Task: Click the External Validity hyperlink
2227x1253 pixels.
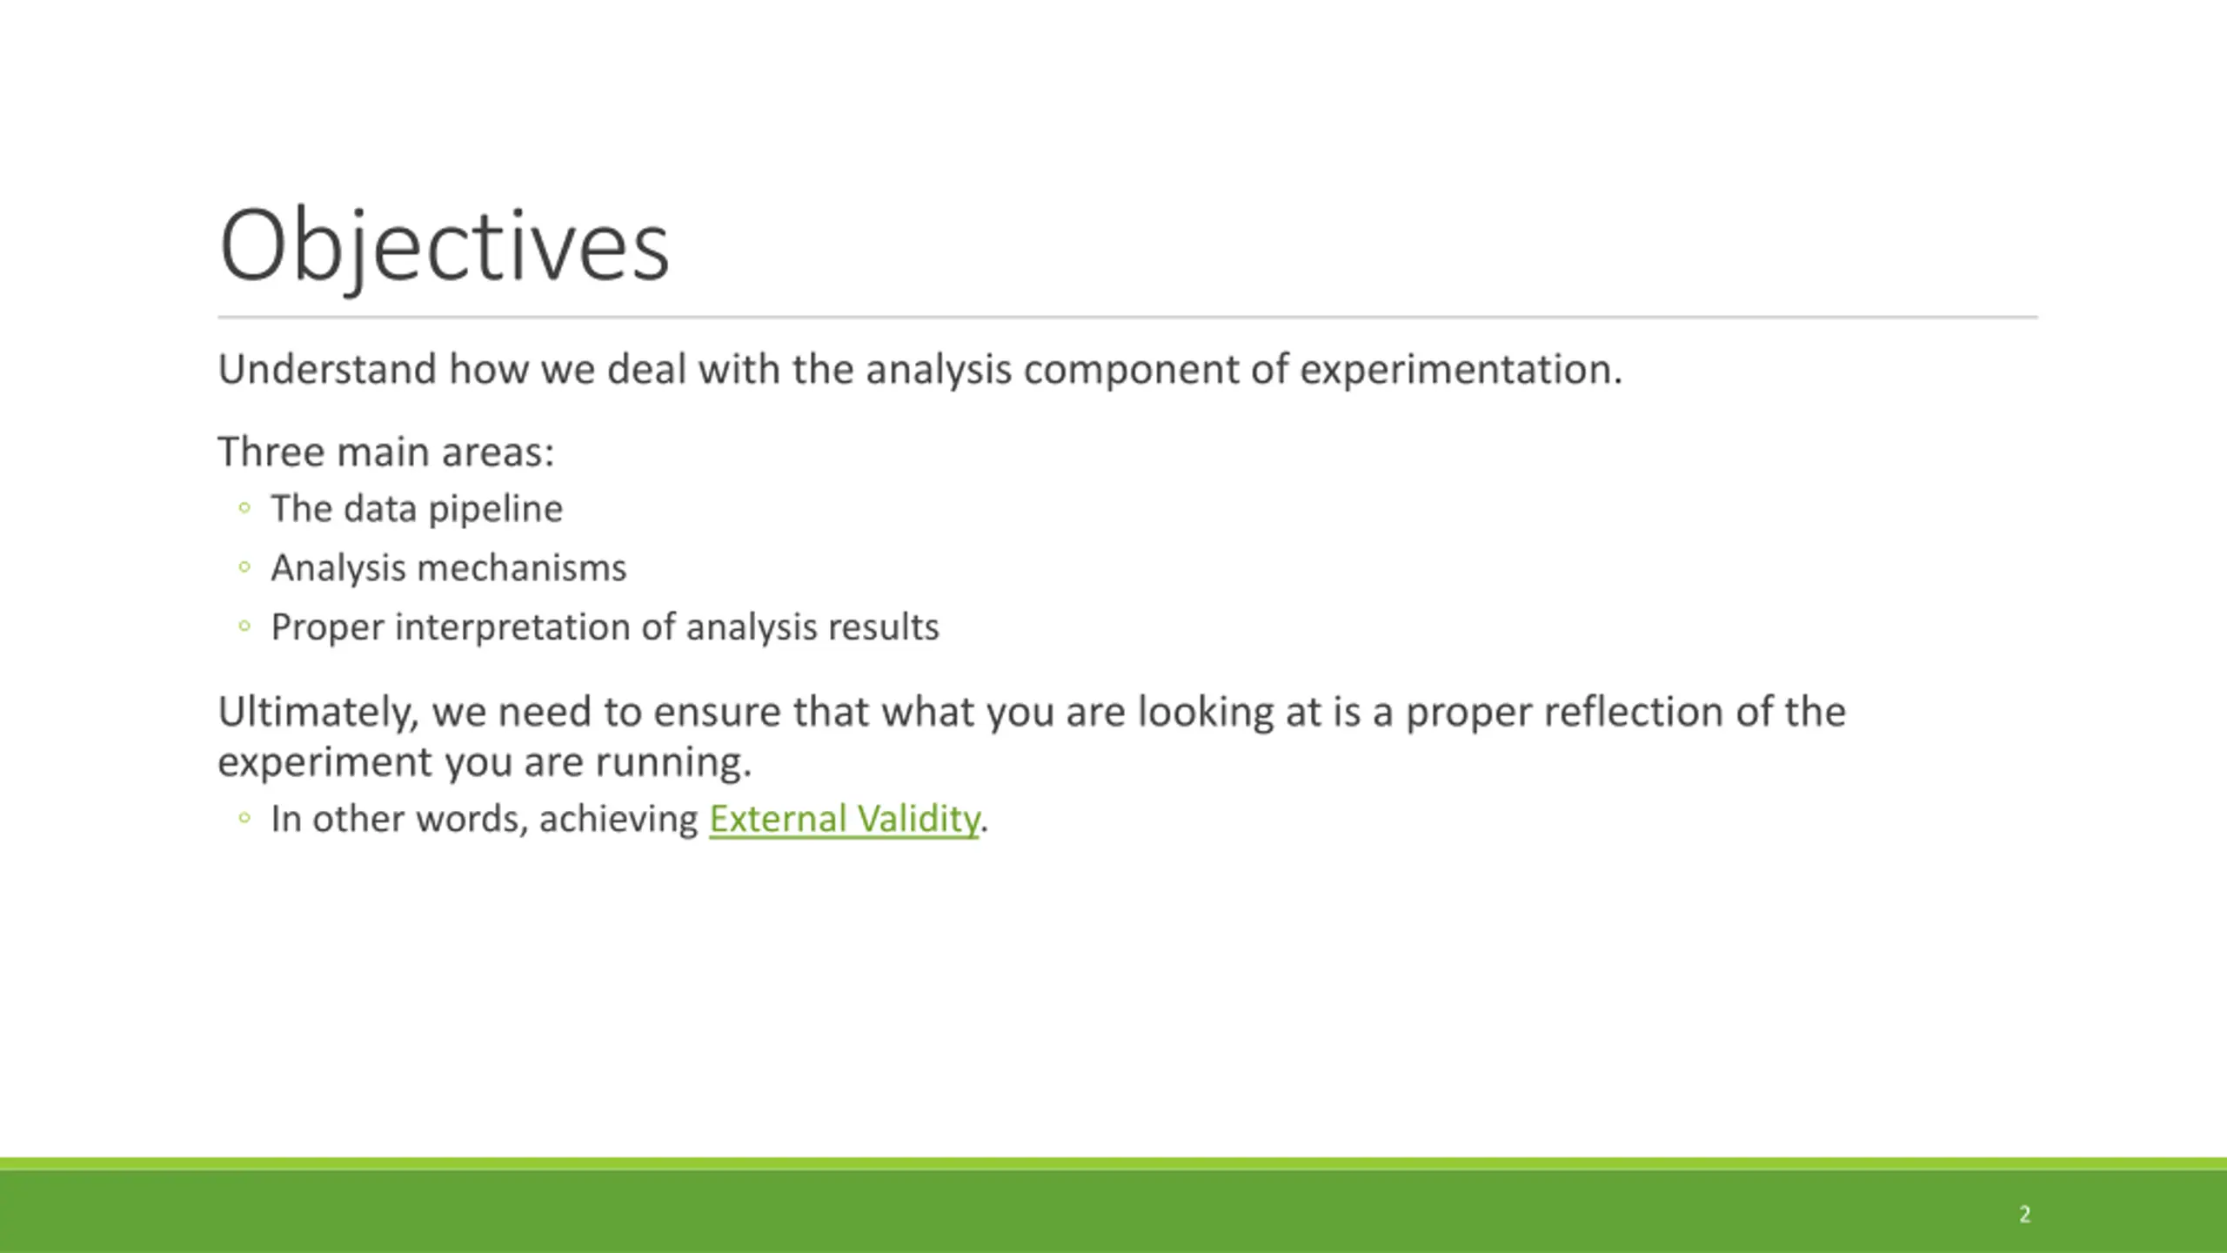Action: (844, 819)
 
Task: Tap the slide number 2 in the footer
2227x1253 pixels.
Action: (2024, 1214)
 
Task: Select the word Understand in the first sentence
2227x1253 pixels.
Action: (327, 369)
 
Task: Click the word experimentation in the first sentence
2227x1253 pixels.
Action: (1461, 371)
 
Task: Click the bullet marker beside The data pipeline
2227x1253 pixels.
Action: (244, 507)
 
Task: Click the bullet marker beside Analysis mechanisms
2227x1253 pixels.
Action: (244, 567)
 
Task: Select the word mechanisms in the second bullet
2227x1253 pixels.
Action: (522, 568)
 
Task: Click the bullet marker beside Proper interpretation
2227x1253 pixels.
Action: (244, 626)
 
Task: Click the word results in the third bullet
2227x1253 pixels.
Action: (884, 627)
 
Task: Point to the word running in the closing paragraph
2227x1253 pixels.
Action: (672, 763)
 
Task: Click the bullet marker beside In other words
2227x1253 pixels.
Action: (244, 817)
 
